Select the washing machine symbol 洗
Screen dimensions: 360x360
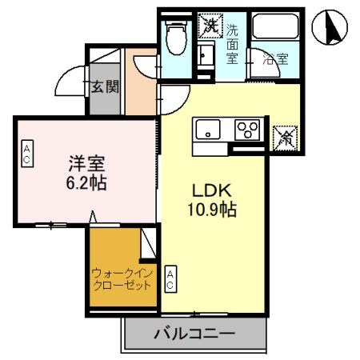click(x=210, y=25)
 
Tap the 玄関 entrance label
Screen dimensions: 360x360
click(x=104, y=86)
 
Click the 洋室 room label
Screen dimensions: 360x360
click(x=81, y=164)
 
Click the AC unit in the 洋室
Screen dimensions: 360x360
click(x=26, y=154)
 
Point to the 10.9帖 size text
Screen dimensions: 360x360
click(x=211, y=210)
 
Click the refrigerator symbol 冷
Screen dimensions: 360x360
click(x=285, y=137)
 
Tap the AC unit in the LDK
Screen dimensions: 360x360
click(x=170, y=278)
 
